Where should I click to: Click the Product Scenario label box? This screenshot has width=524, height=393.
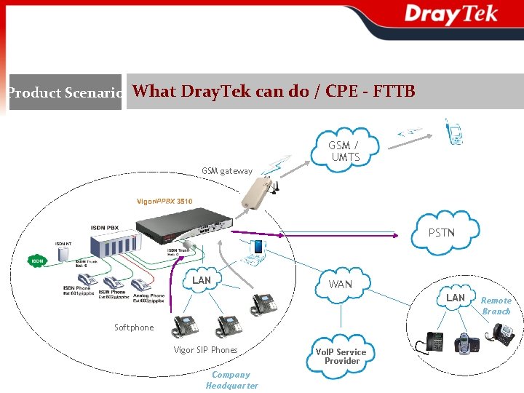click(65, 92)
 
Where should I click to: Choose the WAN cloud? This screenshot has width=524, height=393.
click(340, 284)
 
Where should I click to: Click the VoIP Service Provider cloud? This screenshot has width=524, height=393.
click(341, 356)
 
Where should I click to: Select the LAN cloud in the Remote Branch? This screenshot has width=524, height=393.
click(455, 298)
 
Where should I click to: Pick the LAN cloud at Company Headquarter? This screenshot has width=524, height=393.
click(202, 280)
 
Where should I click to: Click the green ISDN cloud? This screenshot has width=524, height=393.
click(36, 260)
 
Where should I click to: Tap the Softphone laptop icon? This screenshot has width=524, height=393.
click(256, 250)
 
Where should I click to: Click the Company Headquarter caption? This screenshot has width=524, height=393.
click(231, 380)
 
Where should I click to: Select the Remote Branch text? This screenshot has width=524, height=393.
click(496, 306)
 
